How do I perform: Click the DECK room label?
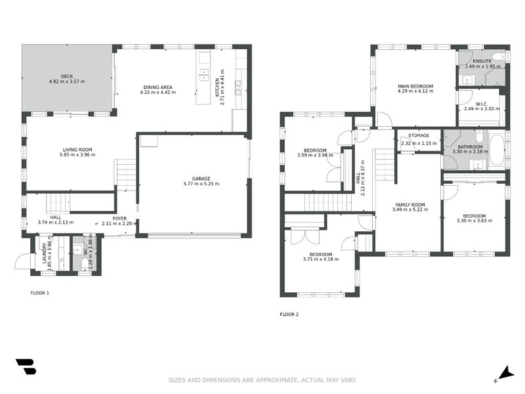pos(66,76)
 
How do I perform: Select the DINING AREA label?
pos(157,87)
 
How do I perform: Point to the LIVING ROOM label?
pos(76,149)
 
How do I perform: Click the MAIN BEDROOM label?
pos(415,87)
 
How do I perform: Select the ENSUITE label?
pos(482,61)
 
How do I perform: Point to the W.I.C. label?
pos(482,104)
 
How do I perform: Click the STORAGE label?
pos(418,136)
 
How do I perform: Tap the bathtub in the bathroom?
pos(497,150)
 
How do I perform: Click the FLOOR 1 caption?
pos(40,293)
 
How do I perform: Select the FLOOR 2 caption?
pos(289,315)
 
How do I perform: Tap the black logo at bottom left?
pos(26,367)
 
